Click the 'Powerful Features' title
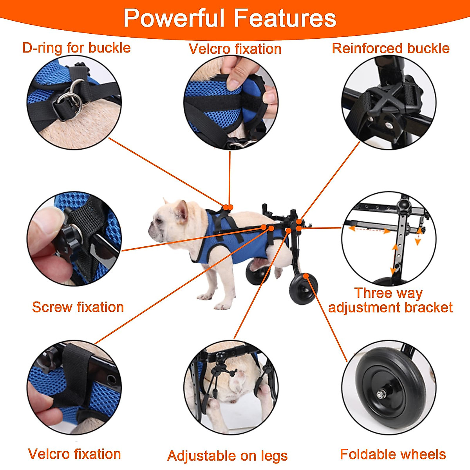pyautogui.click(x=230, y=18)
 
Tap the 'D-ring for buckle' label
pyautogui.click(x=76, y=48)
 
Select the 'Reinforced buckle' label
pyautogui.click(x=390, y=48)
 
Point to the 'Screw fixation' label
pyautogui.click(x=78, y=307)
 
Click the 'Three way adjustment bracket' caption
pyautogui.click(x=390, y=300)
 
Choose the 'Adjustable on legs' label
pyautogui.click(x=227, y=456)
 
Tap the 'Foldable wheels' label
pyautogui.click(x=393, y=454)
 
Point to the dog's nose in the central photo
pyautogui.click(x=151, y=226)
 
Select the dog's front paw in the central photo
pyautogui.click(x=204, y=297)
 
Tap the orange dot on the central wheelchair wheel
pyautogui.click(x=305, y=276)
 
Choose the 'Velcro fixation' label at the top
pyautogui.click(x=235, y=49)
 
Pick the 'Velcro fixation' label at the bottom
pyautogui.click(x=74, y=454)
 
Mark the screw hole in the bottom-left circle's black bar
pyautogui.click(x=112, y=379)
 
